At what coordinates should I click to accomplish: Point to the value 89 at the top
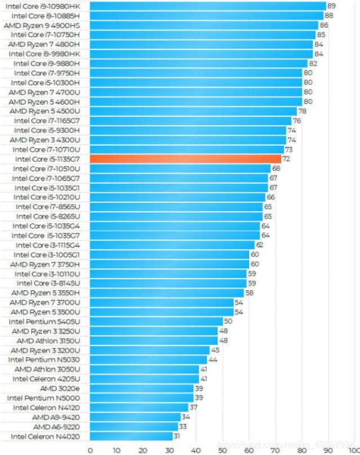coord(330,6)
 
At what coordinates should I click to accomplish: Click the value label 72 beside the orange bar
coord(286,159)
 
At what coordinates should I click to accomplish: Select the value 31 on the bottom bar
coord(177,436)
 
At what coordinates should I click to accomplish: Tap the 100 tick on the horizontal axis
coord(352,449)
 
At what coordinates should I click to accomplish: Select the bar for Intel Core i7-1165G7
coord(191,121)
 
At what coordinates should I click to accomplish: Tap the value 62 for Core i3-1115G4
coord(260,245)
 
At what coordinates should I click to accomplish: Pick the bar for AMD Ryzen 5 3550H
coord(166,292)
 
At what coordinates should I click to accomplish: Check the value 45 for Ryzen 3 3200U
coord(215,350)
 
